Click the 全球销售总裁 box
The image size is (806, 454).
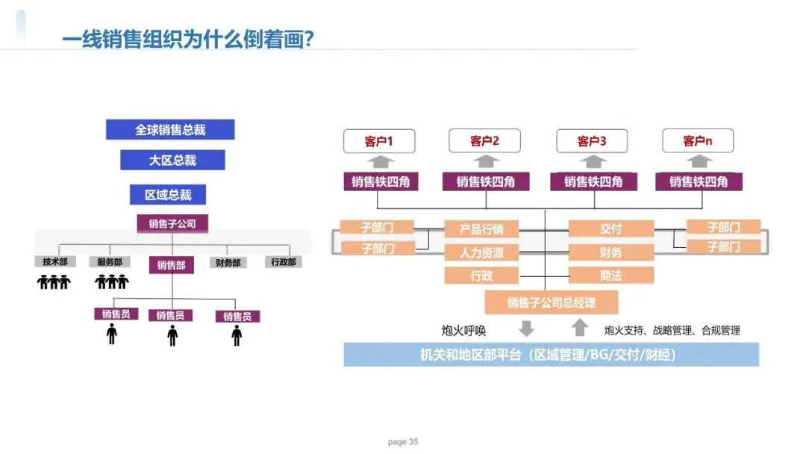170,130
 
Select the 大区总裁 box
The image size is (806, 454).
172,160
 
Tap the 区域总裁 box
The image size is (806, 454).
168,195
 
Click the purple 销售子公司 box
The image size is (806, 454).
172,223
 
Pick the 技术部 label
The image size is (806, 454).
55,262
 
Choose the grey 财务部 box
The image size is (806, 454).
228,263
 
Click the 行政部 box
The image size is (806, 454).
283,262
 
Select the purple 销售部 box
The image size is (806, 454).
172,264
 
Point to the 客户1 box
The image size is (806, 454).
378,141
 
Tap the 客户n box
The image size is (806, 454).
698,141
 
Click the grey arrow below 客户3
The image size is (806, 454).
593,162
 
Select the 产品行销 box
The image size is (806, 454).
481,229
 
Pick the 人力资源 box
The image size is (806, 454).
481,252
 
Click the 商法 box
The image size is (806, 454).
610,276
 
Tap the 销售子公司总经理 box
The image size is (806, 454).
552,302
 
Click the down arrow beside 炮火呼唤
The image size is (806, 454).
527,329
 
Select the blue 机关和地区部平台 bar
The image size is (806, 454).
551,355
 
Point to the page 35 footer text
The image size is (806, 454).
403,442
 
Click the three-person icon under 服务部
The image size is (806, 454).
112,282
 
